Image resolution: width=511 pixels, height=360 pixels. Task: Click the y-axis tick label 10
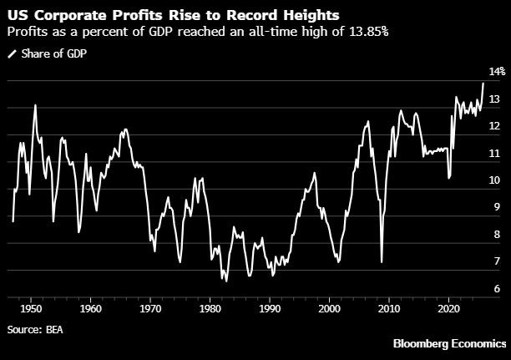(494, 180)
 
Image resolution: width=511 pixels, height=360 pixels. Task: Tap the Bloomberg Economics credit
(451, 344)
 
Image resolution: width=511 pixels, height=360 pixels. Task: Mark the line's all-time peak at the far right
(483, 83)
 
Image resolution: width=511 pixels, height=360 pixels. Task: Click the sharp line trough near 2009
(382, 262)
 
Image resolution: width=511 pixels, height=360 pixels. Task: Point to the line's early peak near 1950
(35, 105)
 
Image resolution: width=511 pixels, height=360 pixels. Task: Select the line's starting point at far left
(13, 221)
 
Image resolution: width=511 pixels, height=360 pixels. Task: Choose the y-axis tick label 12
(494, 126)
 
